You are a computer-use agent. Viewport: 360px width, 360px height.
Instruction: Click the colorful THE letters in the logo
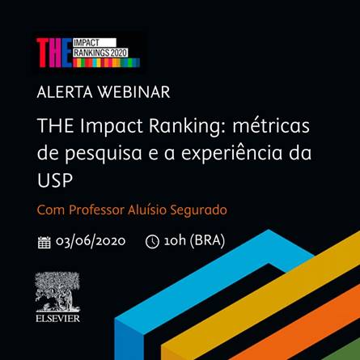point(54,53)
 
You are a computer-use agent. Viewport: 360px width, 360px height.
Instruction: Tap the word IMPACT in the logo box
point(87,43)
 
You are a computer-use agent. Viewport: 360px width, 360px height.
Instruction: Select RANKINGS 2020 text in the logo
point(100,53)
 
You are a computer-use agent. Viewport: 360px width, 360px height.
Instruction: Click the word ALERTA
point(65,92)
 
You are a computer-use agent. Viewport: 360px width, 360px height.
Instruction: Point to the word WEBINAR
point(133,92)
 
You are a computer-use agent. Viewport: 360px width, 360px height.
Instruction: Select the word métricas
point(271,125)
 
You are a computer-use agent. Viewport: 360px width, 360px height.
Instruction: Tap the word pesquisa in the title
point(104,154)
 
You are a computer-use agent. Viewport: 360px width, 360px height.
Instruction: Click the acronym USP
point(55,180)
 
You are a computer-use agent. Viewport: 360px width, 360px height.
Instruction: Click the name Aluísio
point(146,210)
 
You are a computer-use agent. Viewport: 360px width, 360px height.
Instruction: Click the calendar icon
point(44,242)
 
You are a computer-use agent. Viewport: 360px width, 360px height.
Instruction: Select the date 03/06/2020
point(91,241)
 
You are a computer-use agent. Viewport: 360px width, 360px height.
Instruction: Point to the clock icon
point(152,242)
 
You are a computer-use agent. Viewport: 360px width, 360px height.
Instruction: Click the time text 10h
point(175,240)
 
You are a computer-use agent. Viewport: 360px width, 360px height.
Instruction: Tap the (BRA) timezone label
point(207,240)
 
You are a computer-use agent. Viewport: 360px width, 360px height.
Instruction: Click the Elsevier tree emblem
point(57,292)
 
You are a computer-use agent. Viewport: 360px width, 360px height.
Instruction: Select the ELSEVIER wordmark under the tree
point(57,319)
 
